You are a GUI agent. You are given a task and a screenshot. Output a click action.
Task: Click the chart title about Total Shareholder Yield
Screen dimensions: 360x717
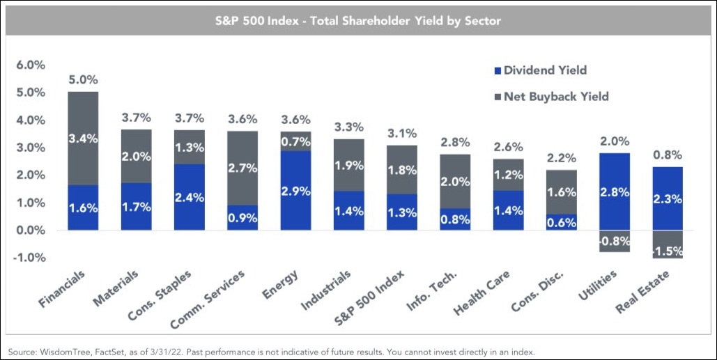point(357,21)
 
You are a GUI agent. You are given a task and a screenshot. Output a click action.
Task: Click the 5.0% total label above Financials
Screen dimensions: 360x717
point(83,79)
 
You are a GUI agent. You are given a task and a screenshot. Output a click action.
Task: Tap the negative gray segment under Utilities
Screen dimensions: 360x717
point(615,241)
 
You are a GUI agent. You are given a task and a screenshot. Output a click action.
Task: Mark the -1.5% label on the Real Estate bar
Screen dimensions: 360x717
point(668,250)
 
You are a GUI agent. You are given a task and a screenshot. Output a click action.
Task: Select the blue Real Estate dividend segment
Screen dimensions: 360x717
point(668,198)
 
